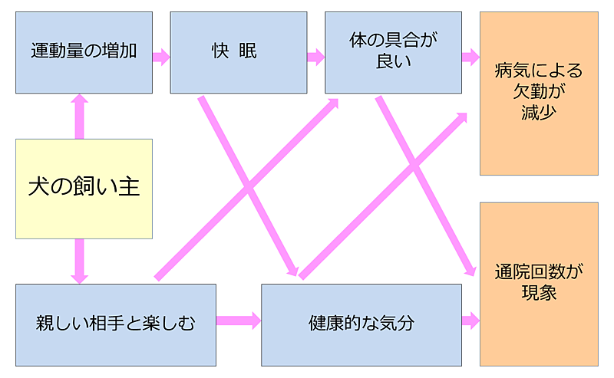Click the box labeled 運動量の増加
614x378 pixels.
(84, 52)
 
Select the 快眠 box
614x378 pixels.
(238, 52)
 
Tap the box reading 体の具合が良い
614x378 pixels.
(393, 52)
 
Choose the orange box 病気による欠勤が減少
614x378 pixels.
(539, 94)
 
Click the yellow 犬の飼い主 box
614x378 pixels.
(84, 186)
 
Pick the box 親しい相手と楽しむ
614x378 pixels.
(115, 324)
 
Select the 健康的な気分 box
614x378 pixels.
(361, 324)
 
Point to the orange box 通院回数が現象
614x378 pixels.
(539, 284)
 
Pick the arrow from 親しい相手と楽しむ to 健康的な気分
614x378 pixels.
(238, 320)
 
